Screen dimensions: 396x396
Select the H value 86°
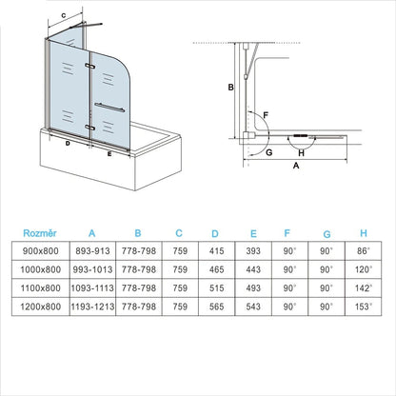tap(362, 249)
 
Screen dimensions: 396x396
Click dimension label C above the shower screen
tap(63, 15)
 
